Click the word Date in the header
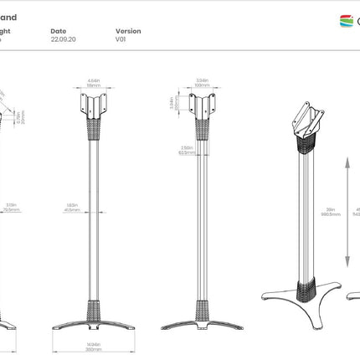click(58, 31)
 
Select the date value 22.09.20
click(62, 39)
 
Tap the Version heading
click(128, 31)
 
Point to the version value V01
click(121, 39)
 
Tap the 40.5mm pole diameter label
click(71, 209)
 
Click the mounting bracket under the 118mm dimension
click(94, 106)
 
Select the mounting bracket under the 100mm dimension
click(201, 106)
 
